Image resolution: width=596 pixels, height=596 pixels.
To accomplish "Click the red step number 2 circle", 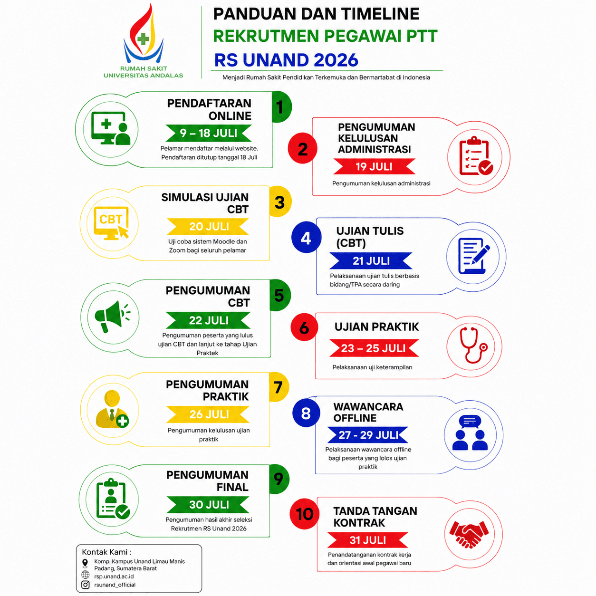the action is (x=302, y=148).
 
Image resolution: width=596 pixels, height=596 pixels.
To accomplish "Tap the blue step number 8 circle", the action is (x=306, y=413).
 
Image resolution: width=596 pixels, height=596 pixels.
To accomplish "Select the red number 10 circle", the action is (x=304, y=514).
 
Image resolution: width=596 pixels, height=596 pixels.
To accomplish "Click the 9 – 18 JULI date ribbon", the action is (x=209, y=133).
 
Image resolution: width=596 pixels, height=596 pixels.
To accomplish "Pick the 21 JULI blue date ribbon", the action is (x=371, y=261).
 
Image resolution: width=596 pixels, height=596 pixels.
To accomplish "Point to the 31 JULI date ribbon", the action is (x=367, y=540).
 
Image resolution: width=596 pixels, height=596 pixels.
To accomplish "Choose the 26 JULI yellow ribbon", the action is (x=208, y=414).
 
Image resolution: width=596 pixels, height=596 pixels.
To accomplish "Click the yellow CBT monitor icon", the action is (x=112, y=223).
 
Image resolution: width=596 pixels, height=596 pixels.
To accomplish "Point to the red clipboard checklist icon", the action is (x=476, y=156).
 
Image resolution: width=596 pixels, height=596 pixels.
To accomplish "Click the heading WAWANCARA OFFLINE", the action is (x=368, y=412).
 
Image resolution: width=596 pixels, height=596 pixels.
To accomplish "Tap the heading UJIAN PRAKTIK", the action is (x=376, y=327).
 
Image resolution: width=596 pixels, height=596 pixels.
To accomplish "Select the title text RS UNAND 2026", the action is (x=286, y=60).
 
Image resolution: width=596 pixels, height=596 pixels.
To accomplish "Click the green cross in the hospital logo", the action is (x=143, y=38).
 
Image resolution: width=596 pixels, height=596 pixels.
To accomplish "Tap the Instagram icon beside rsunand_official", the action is (x=86, y=585).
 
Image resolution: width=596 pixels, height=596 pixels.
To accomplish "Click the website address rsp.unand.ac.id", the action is (x=114, y=576).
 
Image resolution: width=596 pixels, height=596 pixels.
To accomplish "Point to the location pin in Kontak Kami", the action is (x=85, y=564).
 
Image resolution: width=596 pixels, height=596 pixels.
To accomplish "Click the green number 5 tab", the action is (x=279, y=295).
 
